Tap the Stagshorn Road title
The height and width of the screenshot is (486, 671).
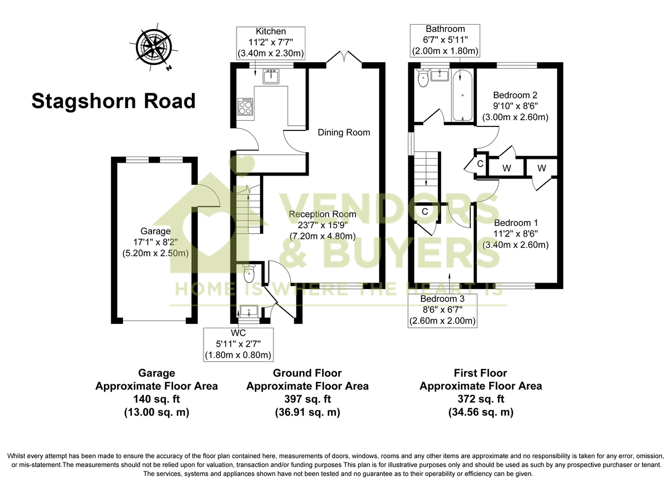coord(114,101)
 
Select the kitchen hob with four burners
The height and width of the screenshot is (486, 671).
coord(245,106)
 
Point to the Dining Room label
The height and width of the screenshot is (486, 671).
coord(344,133)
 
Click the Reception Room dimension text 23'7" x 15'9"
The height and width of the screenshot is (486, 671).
coord(322,225)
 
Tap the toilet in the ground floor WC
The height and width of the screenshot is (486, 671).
coord(249,273)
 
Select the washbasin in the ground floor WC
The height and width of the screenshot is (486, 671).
coord(248,311)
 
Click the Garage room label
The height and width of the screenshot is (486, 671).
coord(155,231)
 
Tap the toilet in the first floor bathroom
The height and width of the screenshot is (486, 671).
coord(422,79)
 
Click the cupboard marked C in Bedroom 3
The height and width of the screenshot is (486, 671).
coord(425,212)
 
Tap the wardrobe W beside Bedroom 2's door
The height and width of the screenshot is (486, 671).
coord(507,168)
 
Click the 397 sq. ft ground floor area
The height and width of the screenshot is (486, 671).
coord(307,399)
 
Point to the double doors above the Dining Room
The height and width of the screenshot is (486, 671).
coord(344,58)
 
